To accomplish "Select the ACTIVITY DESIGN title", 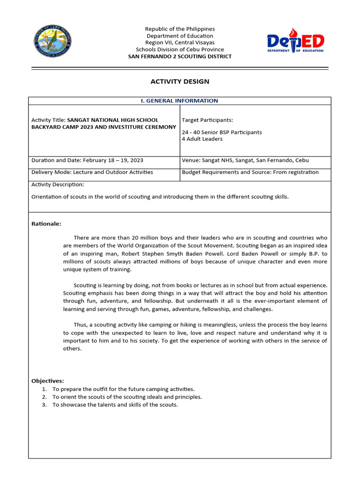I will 180,82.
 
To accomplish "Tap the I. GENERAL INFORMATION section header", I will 180,101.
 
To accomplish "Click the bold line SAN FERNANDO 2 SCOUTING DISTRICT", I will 180,57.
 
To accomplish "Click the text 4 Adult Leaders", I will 202,139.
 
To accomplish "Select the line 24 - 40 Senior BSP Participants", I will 222,132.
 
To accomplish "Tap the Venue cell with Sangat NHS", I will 245,160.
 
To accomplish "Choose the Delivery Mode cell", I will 92,172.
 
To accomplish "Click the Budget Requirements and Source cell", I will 250,172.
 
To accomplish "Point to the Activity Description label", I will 58,185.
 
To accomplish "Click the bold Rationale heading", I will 46,224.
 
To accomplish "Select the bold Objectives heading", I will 47,381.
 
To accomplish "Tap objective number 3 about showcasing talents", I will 115,405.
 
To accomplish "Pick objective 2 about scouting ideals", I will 127,397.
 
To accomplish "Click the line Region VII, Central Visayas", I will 180,43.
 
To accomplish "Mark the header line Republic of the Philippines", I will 180,29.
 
